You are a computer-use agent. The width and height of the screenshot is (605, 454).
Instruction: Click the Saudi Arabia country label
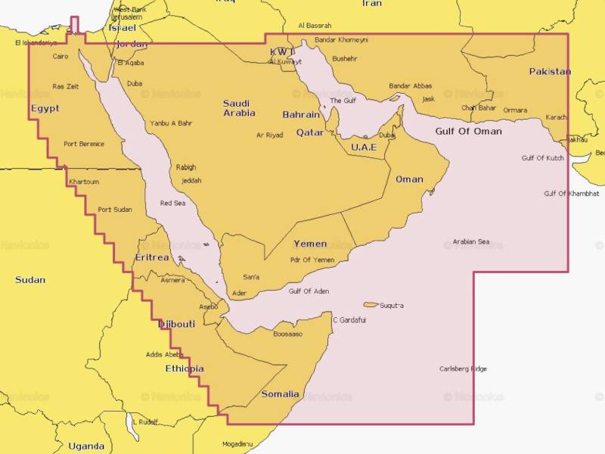click(239, 108)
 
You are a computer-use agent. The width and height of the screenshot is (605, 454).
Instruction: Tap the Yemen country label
click(310, 244)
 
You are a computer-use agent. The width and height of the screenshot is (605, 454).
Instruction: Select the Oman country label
click(409, 179)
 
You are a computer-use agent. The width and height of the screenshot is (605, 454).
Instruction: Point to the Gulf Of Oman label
click(468, 131)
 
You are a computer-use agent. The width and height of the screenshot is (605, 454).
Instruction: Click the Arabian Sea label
click(471, 242)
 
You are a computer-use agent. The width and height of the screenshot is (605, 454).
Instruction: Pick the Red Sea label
click(172, 203)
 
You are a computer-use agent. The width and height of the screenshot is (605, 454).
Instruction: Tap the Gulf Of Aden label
click(309, 291)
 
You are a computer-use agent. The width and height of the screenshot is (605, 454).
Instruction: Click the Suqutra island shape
click(371, 305)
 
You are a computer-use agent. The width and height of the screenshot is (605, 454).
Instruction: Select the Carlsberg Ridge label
click(463, 369)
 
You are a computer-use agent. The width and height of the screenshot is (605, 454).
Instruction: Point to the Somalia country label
click(280, 394)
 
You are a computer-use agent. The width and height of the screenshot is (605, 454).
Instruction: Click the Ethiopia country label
click(185, 368)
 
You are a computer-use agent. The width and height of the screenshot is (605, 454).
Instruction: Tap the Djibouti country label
click(176, 324)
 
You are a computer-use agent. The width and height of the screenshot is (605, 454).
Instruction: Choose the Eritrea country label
click(151, 258)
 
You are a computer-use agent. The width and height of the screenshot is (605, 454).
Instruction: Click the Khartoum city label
click(83, 182)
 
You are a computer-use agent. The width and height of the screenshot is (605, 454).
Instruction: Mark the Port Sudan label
click(115, 210)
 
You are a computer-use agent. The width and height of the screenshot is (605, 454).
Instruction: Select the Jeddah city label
click(191, 181)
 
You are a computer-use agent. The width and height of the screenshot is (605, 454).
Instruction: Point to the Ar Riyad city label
click(270, 135)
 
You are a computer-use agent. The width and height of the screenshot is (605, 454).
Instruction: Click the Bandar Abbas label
click(411, 86)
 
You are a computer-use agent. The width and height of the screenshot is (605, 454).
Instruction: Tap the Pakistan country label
click(550, 72)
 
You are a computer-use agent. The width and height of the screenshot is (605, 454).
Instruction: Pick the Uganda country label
click(86, 446)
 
